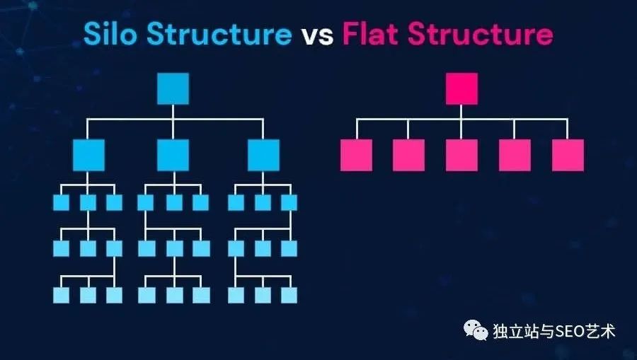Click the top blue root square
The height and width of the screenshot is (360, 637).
(173, 88)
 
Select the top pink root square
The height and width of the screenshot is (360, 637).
(461, 88)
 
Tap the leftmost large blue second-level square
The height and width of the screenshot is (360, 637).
(88, 155)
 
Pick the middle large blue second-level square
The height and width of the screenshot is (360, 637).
(173, 155)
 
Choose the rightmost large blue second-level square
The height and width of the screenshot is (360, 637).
(263, 155)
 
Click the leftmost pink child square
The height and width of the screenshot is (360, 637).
(356, 155)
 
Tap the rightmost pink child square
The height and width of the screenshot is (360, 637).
(568, 155)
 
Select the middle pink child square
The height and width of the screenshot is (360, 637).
(461, 155)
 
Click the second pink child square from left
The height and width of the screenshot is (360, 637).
(408, 155)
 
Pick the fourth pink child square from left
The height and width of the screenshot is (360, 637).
(515, 155)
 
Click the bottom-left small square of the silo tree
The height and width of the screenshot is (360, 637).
(62, 295)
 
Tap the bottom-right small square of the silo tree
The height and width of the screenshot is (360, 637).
(288, 295)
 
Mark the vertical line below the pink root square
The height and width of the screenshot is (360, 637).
(461, 112)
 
